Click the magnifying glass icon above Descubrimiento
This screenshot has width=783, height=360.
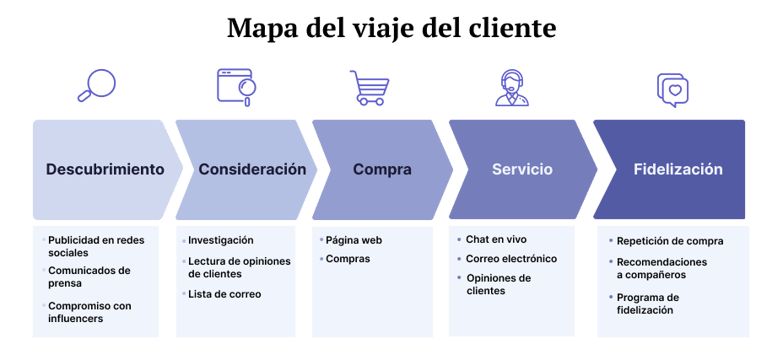click(97, 86)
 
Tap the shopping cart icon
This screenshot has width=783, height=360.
click(367, 88)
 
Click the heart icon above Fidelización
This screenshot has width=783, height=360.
click(673, 89)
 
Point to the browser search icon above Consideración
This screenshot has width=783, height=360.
click(237, 87)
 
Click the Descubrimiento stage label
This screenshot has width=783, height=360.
click(105, 169)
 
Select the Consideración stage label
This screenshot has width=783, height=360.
click(252, 169)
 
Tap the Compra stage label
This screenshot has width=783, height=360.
click(382, 169)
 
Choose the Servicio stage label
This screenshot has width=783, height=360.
click(521, 169)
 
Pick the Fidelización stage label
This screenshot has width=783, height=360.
click(678, 169)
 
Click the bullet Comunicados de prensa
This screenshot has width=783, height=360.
click(90, 276)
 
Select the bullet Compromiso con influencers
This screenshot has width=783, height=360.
click(90, 311)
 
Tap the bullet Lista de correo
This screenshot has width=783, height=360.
click(224, 294)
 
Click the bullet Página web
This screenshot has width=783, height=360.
click(354, 240)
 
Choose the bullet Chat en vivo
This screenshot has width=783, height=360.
click(496, 240)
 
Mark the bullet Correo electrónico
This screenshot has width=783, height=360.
click(511, 259)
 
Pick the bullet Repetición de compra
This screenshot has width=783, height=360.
click(670, 240)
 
